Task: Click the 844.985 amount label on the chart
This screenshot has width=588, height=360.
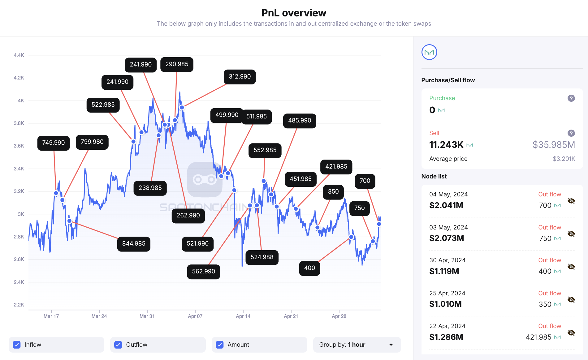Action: [x=134, y=244]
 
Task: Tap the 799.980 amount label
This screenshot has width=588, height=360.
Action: [x=92, y=142]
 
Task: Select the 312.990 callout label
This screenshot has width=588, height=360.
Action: [x=240, y=77]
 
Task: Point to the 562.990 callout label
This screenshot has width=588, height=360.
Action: [x=204, y=272]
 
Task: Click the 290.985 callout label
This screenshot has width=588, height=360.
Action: [x=177, y=64]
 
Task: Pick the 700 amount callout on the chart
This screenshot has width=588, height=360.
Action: [x=365, y=181]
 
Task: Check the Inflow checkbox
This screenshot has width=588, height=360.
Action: [x=17, y=345]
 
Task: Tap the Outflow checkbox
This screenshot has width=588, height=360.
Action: [x=118, y=345]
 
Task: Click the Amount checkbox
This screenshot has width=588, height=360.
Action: [x=220, y=345]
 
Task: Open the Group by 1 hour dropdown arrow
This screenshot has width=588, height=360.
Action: [x=391, y=345]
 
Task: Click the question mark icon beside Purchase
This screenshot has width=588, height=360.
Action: [x=571, y=98]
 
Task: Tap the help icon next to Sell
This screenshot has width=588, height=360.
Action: [x=571, y=133]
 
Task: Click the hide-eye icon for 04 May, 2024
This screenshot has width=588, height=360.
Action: [x=571, y=201]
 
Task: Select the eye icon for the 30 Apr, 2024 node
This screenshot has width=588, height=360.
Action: [x=571, y=267]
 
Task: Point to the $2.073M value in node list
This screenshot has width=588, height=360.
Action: [x=447, y=238]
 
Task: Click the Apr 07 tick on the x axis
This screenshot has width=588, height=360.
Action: [x=195, y=316]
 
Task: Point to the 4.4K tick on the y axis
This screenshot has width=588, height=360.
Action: [x=19, y=55]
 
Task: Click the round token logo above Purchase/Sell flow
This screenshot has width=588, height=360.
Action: [x=429, y=52]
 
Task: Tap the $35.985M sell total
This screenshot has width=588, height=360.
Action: [x=554, y=145]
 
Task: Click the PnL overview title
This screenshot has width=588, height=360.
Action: [x=294, y=13]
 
